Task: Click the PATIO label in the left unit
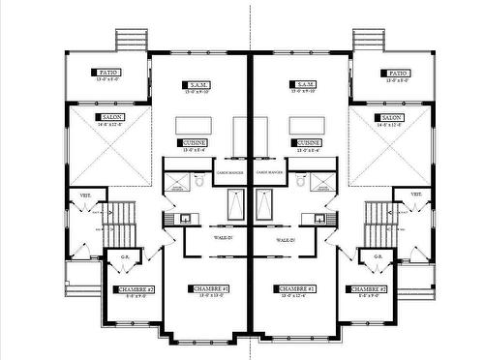click(106, 73)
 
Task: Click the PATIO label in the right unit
click(396, 73)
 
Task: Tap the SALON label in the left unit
click(110, 118)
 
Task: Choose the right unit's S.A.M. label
click(303, 85)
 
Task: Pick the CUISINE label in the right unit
click(309, 142)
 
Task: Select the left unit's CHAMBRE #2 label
click(134, 289)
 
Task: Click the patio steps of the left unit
click(129, 41)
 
